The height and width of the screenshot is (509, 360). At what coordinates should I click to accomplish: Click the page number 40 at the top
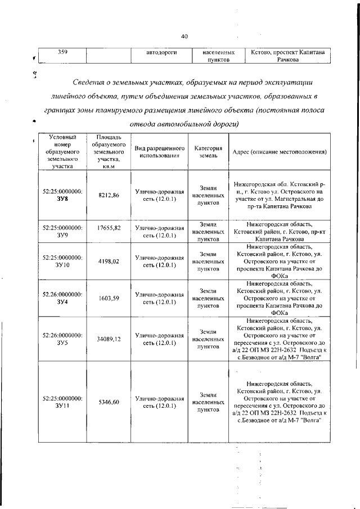click(x=183, y=37)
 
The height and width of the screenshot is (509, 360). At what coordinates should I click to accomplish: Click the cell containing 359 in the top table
click(x=63, y=52)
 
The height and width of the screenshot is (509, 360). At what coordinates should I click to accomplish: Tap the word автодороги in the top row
click(x=158, y=52)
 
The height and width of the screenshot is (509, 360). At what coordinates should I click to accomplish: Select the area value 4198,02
click(x=109, y=261)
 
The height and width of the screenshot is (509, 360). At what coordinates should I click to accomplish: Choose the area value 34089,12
click(x=109, y=339)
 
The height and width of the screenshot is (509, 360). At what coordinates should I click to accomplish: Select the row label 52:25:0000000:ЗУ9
click(x=62, y=231)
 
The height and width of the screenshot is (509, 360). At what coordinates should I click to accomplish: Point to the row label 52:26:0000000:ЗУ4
click(x=62, y=298)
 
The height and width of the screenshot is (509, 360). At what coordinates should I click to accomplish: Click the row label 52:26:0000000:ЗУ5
click(x=62, y=339)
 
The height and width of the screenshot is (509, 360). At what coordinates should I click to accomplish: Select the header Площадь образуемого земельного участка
click(x=110, y=152)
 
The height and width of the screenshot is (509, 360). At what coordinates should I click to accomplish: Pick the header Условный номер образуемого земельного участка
click(x=63, y=152)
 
